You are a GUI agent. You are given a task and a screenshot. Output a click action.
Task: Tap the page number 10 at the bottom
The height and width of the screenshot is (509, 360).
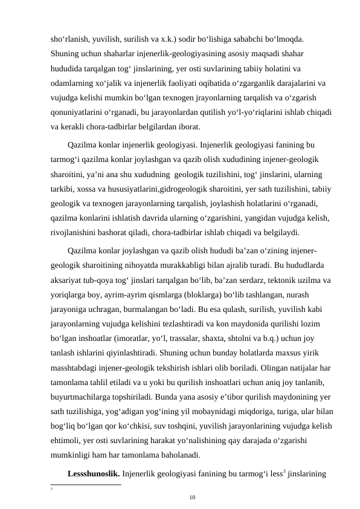click(x=192, y=497)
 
